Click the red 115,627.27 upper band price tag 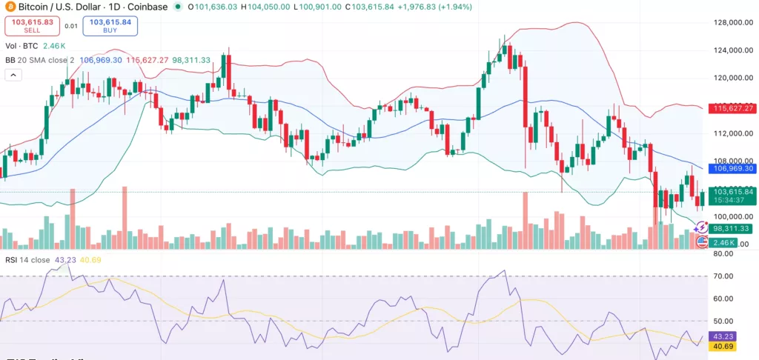click(732, 108)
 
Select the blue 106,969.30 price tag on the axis click(732, 169)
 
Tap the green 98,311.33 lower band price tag click(732, 228)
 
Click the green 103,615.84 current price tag click(732, 192)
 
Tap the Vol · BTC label click(21, 46)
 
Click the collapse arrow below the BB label click(13, 74)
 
